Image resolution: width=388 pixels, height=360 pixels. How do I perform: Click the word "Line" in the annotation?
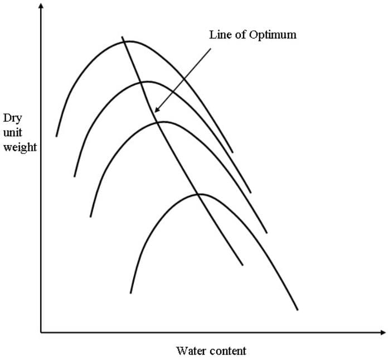(x=219, y=35)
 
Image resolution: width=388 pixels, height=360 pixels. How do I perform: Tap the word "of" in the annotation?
(x=240, y=35)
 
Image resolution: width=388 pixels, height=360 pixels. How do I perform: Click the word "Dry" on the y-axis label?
(x=12, y=118)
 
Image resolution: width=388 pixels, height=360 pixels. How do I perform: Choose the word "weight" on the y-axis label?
(x=21, y=148)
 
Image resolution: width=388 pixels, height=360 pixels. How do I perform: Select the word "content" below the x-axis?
(x=227, y=351)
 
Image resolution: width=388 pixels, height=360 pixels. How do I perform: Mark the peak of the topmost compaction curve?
(x=129, y=41)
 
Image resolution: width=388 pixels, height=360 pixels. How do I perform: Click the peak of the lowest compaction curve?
(x=199, y=194)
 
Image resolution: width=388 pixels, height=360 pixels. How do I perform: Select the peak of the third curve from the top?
(x=164, y=122)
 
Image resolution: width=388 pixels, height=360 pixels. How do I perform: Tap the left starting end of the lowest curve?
(x=131, y=292)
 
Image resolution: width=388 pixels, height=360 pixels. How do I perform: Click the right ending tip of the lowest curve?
(x=298, y=310)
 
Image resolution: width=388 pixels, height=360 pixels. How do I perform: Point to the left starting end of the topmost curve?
(x=56, y=136)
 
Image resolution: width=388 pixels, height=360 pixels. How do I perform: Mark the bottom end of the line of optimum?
(x=243, y=265)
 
